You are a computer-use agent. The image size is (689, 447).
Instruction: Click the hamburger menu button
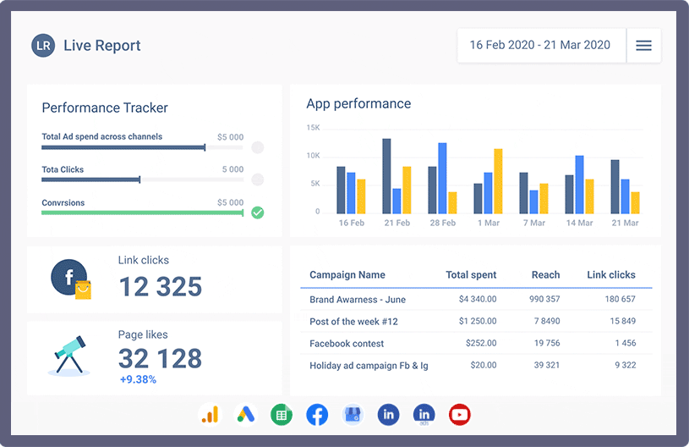[x=643, y=46]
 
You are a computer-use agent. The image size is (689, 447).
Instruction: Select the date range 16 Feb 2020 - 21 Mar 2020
[x=540, y=46]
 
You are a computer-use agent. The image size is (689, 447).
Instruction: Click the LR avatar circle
[x=43, y=46]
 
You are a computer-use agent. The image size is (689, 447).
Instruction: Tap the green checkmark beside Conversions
[x=258, y=212]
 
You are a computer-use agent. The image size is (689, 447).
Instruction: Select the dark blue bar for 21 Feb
[x=386, y=176]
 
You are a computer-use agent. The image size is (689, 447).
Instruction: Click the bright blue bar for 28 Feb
[x=442, y=178]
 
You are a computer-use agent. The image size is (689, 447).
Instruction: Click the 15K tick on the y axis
[x=313, y=128]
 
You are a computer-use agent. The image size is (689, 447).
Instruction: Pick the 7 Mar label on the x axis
[x=533, y=223]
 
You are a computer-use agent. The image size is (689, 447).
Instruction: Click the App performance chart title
[x=358, y=104]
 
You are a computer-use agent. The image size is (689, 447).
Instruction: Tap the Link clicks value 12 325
[x=161, y=286]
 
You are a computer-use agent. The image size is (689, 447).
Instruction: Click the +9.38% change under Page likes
[x=137, y=379]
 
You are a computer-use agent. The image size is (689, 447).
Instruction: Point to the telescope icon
[x=68, y=355]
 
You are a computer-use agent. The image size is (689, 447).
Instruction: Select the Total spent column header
[x=471, y=275]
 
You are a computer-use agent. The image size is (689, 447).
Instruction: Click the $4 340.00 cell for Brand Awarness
[x=478, y=300]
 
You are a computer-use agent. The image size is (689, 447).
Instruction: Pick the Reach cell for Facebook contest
[x=546, y=344]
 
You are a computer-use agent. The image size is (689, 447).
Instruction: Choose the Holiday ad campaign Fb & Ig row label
[x=369, y=366]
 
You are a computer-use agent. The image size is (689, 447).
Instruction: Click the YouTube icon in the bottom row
[x=460, y=415]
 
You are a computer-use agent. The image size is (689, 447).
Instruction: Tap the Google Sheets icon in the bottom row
[x=281, y=415]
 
